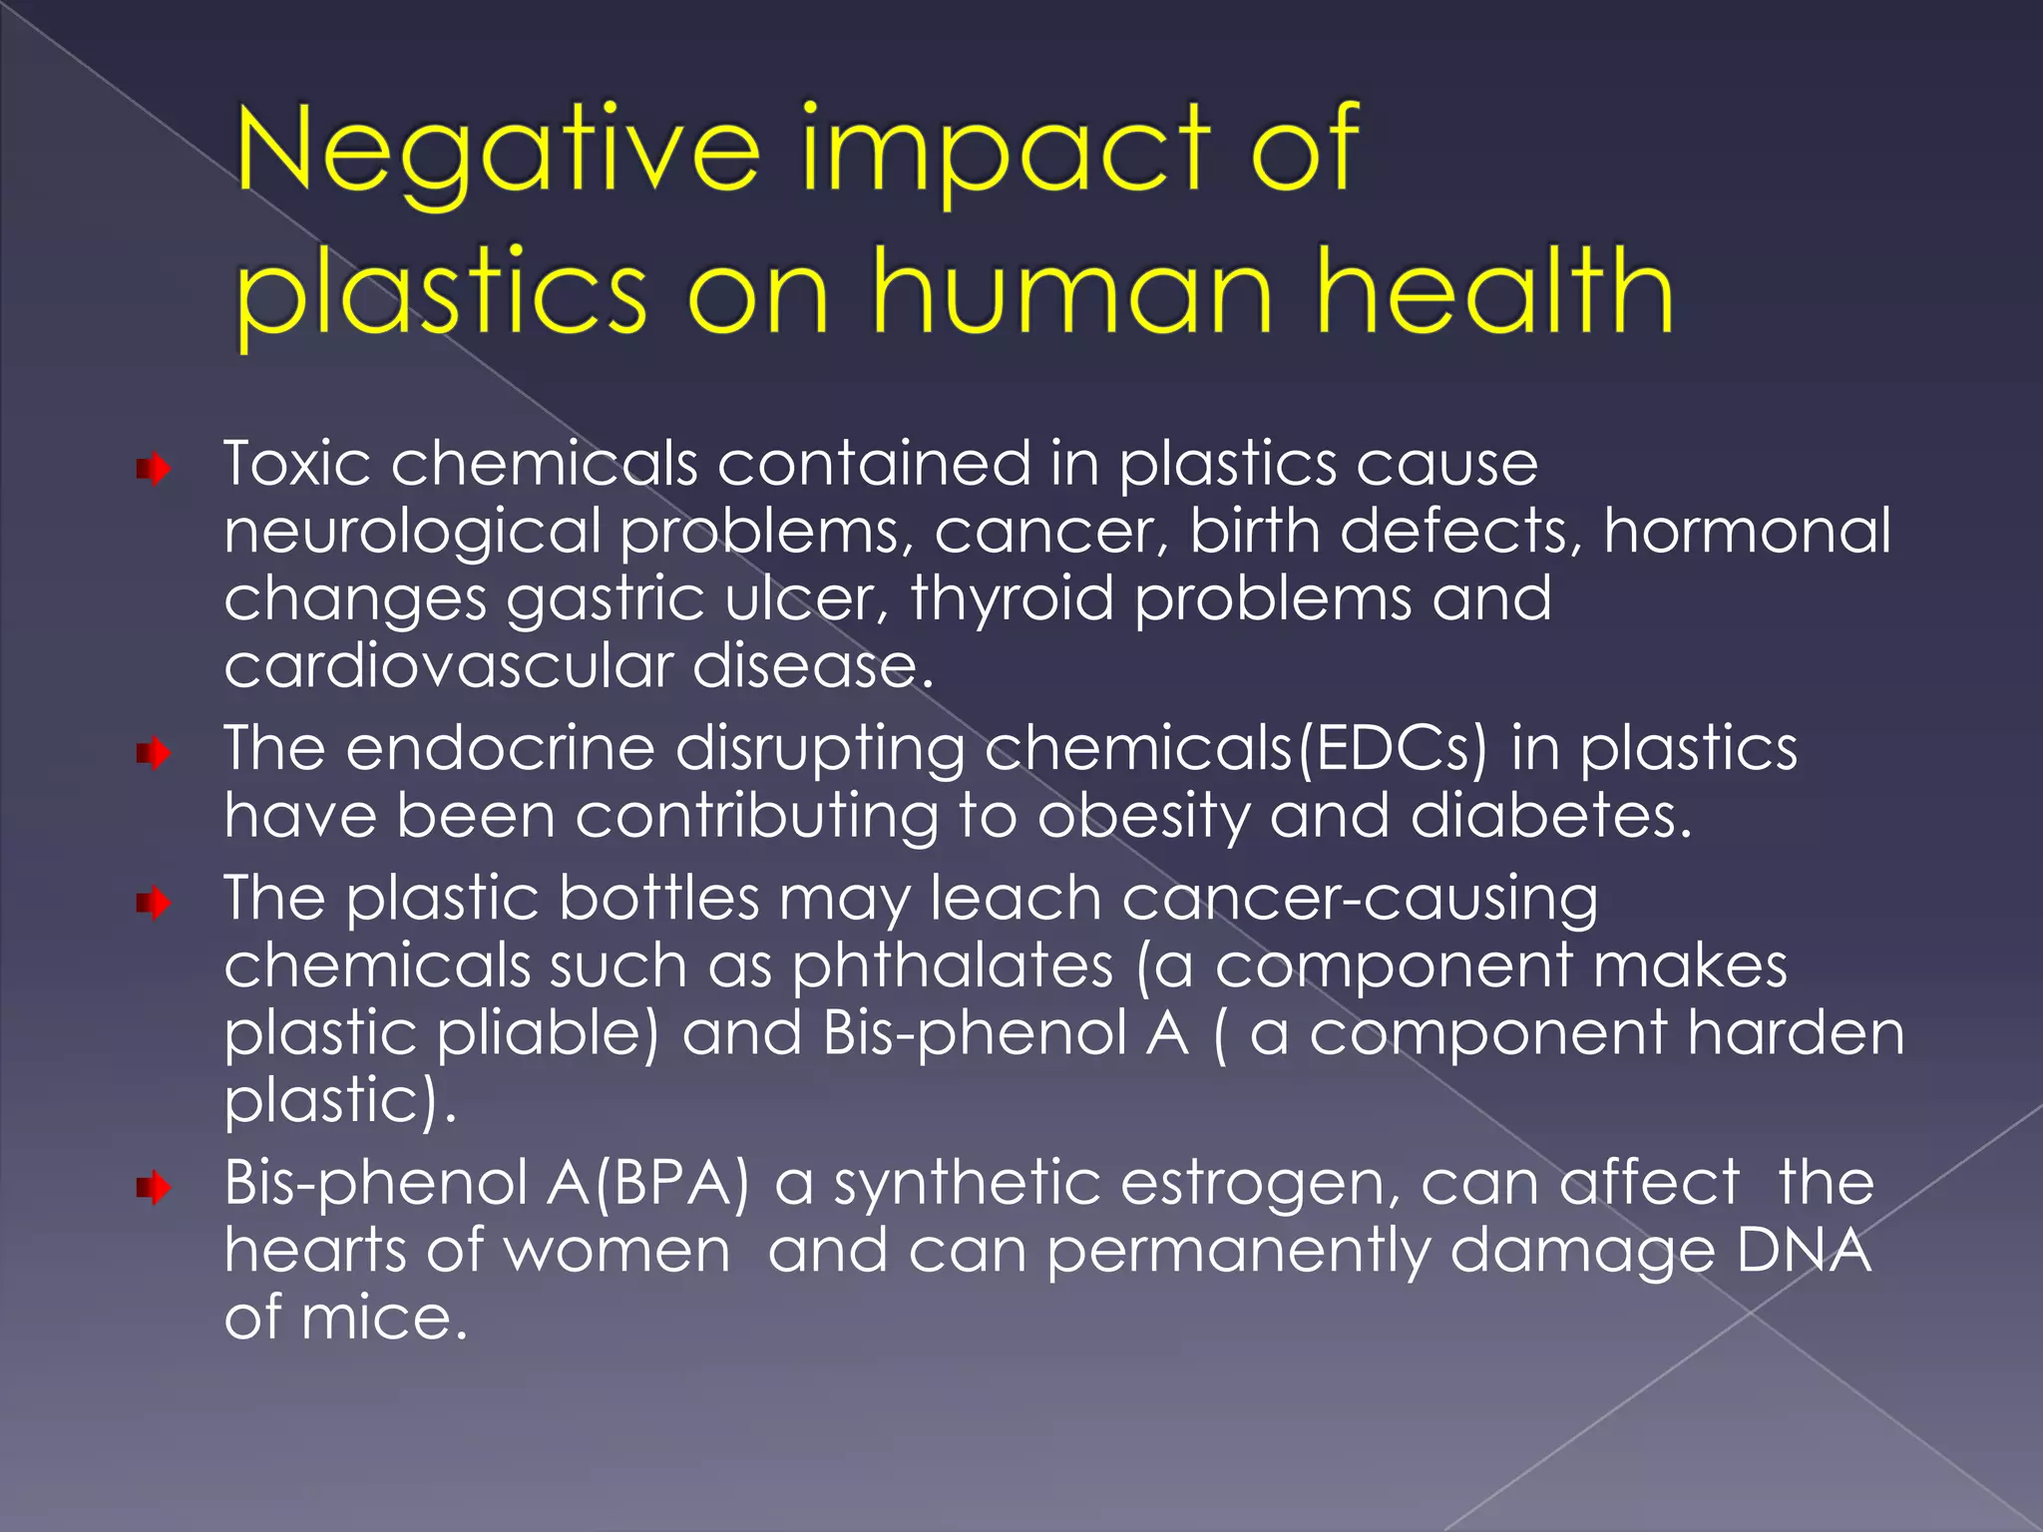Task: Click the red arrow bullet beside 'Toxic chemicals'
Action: (154, 468)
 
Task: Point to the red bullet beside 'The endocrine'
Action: (154, 752)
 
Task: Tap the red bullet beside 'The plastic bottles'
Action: (154, 903)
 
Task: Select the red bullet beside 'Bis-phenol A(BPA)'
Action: (154, 1187)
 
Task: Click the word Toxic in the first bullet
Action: (297, 464)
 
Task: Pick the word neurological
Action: (412, 533)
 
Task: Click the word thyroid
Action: (1012, 599)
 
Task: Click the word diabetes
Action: (1550, 816)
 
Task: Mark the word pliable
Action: (548, 1034)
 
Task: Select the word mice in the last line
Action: (384, 1319)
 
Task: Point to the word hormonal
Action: (1747, 531)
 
